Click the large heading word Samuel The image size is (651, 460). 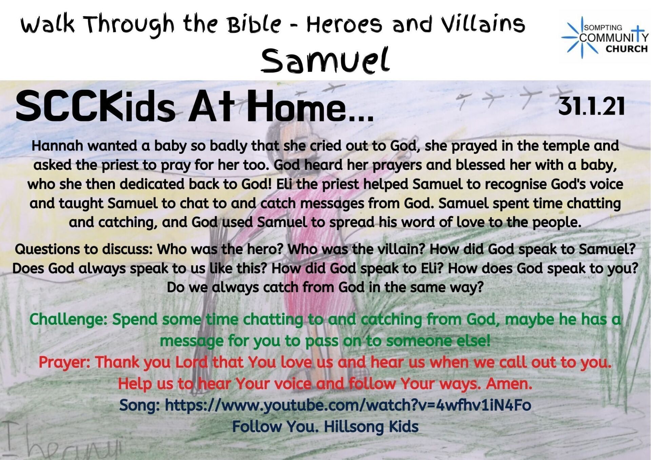coord(325,61)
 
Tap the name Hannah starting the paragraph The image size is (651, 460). coord(57,146)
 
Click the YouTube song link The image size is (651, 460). coord(348,405)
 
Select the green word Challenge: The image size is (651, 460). coord(68,319)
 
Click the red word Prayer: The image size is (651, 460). coord(64,362)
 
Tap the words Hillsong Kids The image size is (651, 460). coord(371,426)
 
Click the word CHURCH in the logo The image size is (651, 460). coord(627,49)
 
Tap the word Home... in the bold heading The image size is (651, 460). coord(310,107)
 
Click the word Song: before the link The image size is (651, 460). coord(140,405)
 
